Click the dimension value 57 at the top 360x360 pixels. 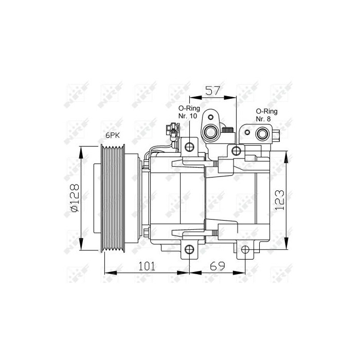tap(213, 91)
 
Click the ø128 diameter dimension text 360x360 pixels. tap(74, 199)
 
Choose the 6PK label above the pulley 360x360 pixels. tap(113, 135)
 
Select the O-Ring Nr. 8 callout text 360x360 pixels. tap(266, 115)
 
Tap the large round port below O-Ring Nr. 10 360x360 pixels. tap(211, 133)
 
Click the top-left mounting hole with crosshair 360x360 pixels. tap(189, 147)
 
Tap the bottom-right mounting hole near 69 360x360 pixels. tap(245, 250)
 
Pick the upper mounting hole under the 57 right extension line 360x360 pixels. tap(237, 151)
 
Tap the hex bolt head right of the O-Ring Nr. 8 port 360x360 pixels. tap(276, 136)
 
